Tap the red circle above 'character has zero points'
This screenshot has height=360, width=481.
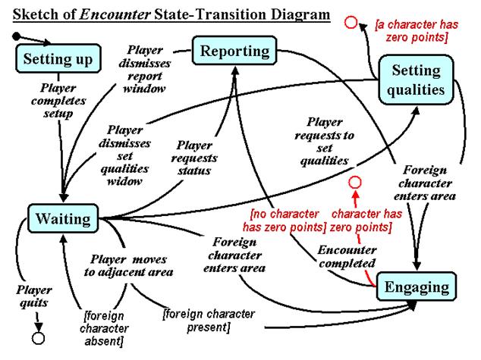pyautogui.click(x=354, y=183)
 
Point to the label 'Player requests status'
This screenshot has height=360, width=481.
pyautogui.click(x=194, y=157)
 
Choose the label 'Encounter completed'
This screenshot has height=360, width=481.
pyautogui.click(x=346, y=255)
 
